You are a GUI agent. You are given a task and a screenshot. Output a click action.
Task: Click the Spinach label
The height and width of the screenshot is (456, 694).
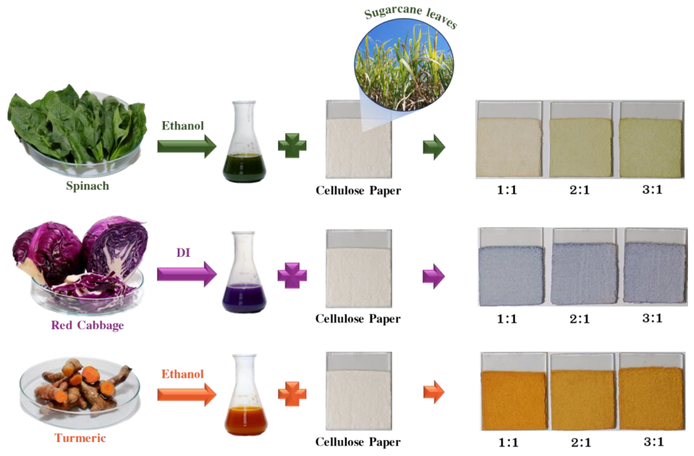[87, 186]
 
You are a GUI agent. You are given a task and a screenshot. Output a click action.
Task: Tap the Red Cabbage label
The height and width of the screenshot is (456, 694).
[87, 325]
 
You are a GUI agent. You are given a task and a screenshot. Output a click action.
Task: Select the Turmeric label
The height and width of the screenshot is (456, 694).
[80, 438]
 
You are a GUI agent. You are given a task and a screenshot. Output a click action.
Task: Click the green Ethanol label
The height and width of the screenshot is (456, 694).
[183, 125]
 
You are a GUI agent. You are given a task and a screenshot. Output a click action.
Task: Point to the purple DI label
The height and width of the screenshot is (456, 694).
[183, 253]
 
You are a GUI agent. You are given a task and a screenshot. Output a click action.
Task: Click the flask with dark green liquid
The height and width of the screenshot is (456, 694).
[244, 142]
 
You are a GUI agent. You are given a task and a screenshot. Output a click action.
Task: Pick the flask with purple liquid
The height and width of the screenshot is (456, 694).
[244, 272]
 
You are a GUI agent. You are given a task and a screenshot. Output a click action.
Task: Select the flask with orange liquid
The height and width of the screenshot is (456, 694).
[246, 395]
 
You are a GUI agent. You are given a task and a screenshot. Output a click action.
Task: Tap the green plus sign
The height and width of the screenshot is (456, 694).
[292, 146]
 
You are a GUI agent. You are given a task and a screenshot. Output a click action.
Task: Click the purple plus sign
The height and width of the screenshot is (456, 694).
[292, 276]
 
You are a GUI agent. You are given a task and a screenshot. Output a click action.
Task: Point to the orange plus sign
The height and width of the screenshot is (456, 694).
[292, 393]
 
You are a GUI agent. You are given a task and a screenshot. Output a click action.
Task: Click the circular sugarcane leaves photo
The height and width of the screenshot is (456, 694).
[404, 65]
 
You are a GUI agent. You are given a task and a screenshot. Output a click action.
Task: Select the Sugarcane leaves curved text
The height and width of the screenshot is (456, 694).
[411, 16]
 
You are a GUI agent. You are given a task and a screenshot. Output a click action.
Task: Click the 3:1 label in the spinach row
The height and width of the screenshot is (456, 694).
[652, 190]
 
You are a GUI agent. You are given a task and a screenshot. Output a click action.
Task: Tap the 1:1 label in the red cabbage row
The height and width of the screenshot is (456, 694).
[507, 319]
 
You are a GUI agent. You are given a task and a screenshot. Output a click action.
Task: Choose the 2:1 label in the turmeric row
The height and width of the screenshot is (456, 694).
[581, 443]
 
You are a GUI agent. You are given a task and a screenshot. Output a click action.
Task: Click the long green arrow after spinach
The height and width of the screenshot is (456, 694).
[187, 146]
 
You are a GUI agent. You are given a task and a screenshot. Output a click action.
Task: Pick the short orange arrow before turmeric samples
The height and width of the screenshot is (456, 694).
[434, 392]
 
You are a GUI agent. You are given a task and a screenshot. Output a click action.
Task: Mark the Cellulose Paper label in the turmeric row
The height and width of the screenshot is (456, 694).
[358, 442]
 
